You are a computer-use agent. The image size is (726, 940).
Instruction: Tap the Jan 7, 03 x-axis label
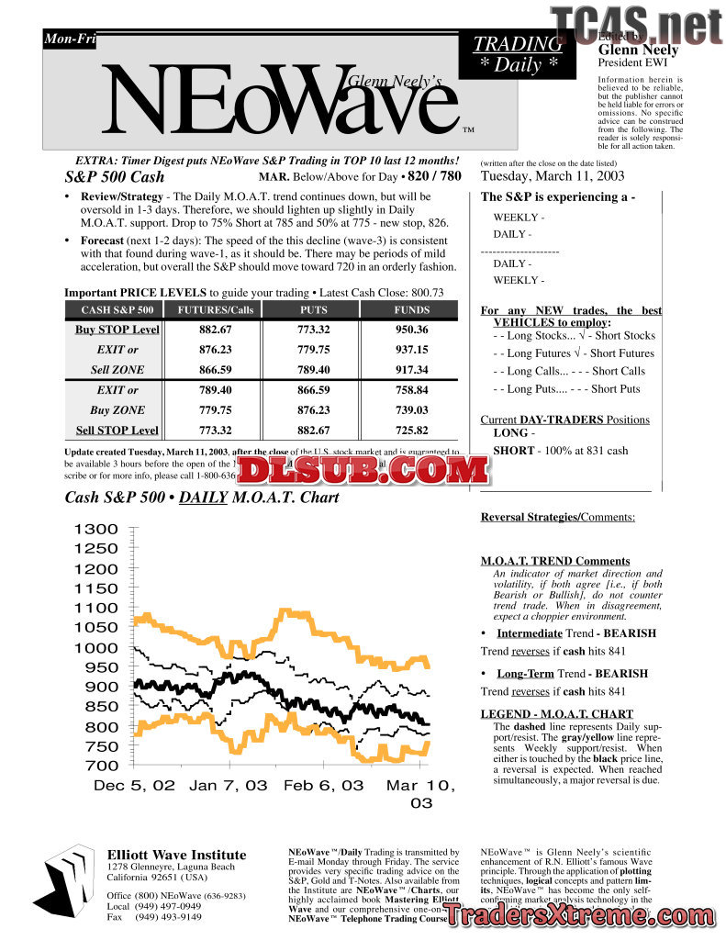[x=229, y=786]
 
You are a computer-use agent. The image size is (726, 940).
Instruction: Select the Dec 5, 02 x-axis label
[x=134, y=786]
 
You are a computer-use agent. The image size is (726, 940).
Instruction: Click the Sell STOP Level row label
[x=117, y=431]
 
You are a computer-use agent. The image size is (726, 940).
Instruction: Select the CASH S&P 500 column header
[x=117, y=310]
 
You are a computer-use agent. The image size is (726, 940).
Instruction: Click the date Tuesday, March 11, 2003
[x=553, y=176]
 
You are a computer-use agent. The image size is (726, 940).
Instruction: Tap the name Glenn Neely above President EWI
[x=638, y=50]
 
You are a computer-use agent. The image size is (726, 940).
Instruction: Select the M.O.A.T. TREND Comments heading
[x=555, y=561]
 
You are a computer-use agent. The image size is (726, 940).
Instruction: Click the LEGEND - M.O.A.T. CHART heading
[x=556, y=714]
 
